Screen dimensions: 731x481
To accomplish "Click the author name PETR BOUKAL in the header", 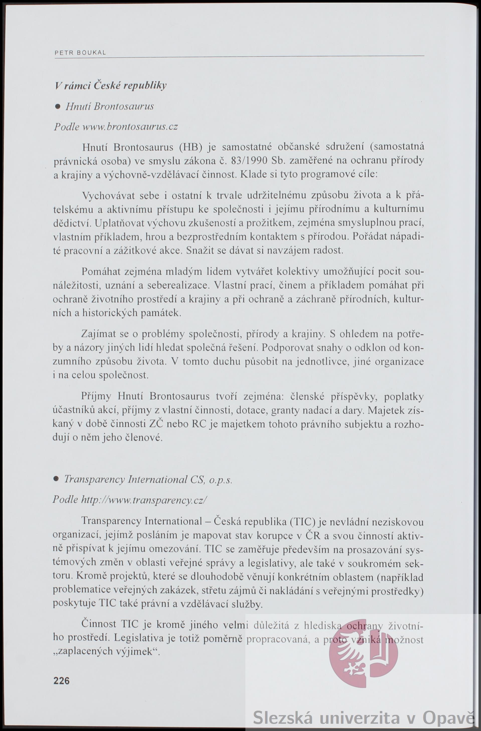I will [80, 53].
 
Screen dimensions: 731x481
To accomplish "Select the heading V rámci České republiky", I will [111, 85].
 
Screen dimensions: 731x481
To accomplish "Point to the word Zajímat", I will [99, 333].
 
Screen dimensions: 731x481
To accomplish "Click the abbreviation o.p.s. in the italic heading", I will [220, 480].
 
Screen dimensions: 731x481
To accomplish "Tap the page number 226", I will [61, 681].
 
